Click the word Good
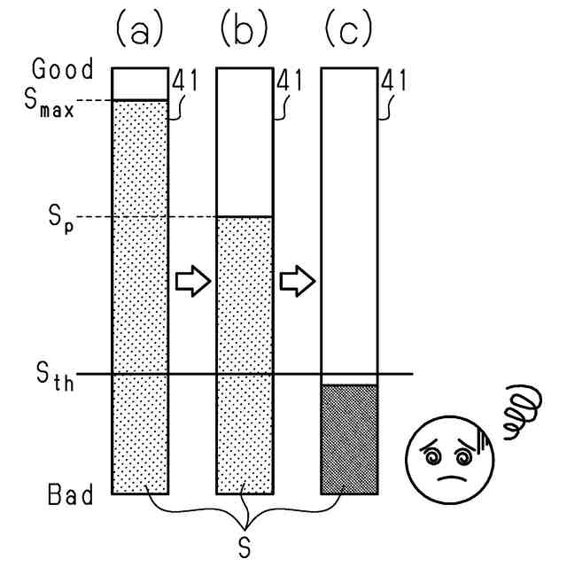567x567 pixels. click(63, 69)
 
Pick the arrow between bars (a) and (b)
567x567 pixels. click(192, 282)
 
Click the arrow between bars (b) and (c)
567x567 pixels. click(297, 282)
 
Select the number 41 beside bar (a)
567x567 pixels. click(185, 82)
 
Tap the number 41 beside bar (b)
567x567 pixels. click(290, 82)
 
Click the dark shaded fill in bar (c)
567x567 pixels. click(348, 439)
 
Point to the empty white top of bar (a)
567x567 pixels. click(139, 83)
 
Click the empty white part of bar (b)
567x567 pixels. click(244, 142)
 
